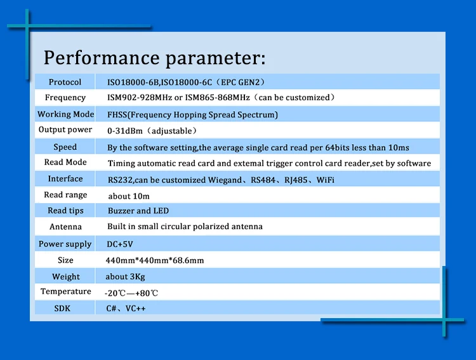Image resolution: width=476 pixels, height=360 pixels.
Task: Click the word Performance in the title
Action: tap(102, 57)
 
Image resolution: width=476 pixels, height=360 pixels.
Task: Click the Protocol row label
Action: tap(65, 82)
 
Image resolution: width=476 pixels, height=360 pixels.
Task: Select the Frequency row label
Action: tap(65, 98)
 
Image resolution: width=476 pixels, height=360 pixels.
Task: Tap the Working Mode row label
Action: tap(65, 114)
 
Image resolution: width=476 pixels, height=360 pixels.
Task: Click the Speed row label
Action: tap(65, 147)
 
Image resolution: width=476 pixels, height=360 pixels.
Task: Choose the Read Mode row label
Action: tap(65, 163)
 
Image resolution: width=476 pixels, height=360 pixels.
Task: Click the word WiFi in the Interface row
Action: tap(326, 180)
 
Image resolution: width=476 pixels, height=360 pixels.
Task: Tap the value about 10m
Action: tap(129, 196)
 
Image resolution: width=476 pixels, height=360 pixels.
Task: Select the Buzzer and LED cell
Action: tap(138, 211)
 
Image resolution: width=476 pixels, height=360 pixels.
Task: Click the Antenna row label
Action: tap(65, 227)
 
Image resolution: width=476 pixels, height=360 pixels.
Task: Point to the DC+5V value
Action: tap(120, 244)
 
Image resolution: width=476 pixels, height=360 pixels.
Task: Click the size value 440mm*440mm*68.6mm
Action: tap(155, 260)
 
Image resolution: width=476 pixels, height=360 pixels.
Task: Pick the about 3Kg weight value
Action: tap(125, 277)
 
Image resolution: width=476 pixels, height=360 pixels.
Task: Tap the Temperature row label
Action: tap(66, 291)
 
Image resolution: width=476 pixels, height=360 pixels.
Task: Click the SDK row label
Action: tap(62, 309)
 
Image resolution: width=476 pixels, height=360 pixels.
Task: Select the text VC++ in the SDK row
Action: tap(135, 309)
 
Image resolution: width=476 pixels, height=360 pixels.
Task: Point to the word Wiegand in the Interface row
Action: tap(225, 180)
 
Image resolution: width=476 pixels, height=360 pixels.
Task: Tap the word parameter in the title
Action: tap(216, 58)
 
